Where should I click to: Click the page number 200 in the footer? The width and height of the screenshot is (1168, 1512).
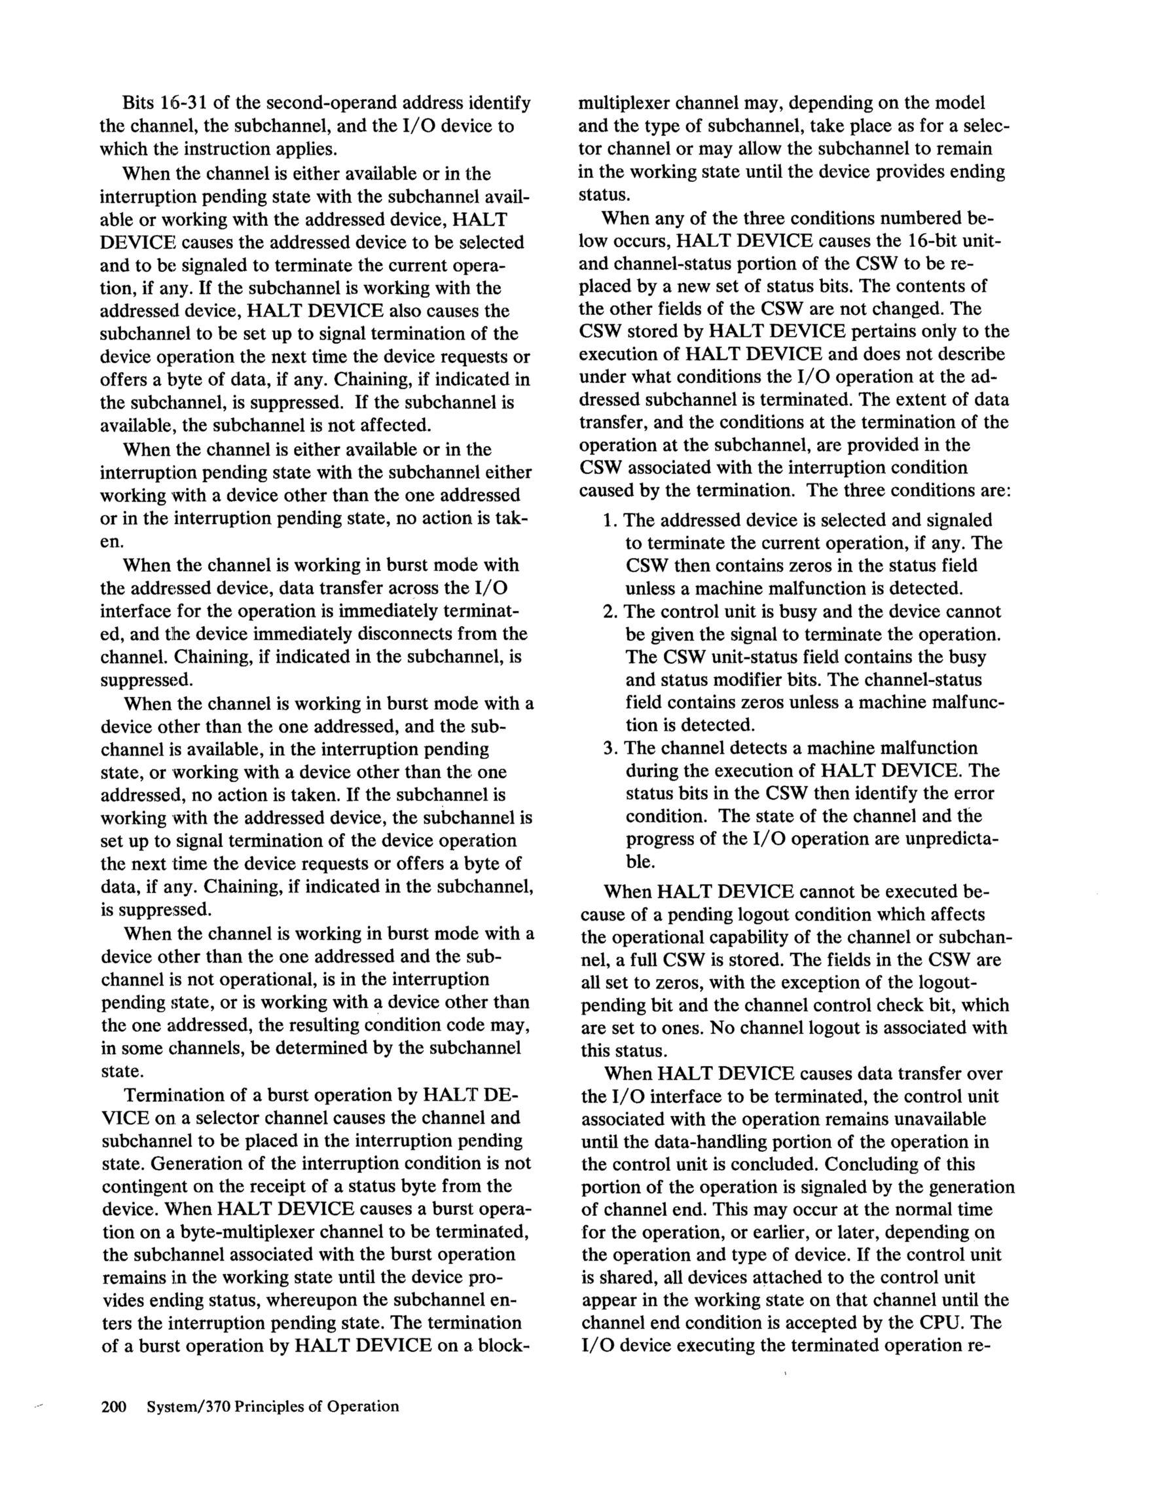click(x=113, y=1406)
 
